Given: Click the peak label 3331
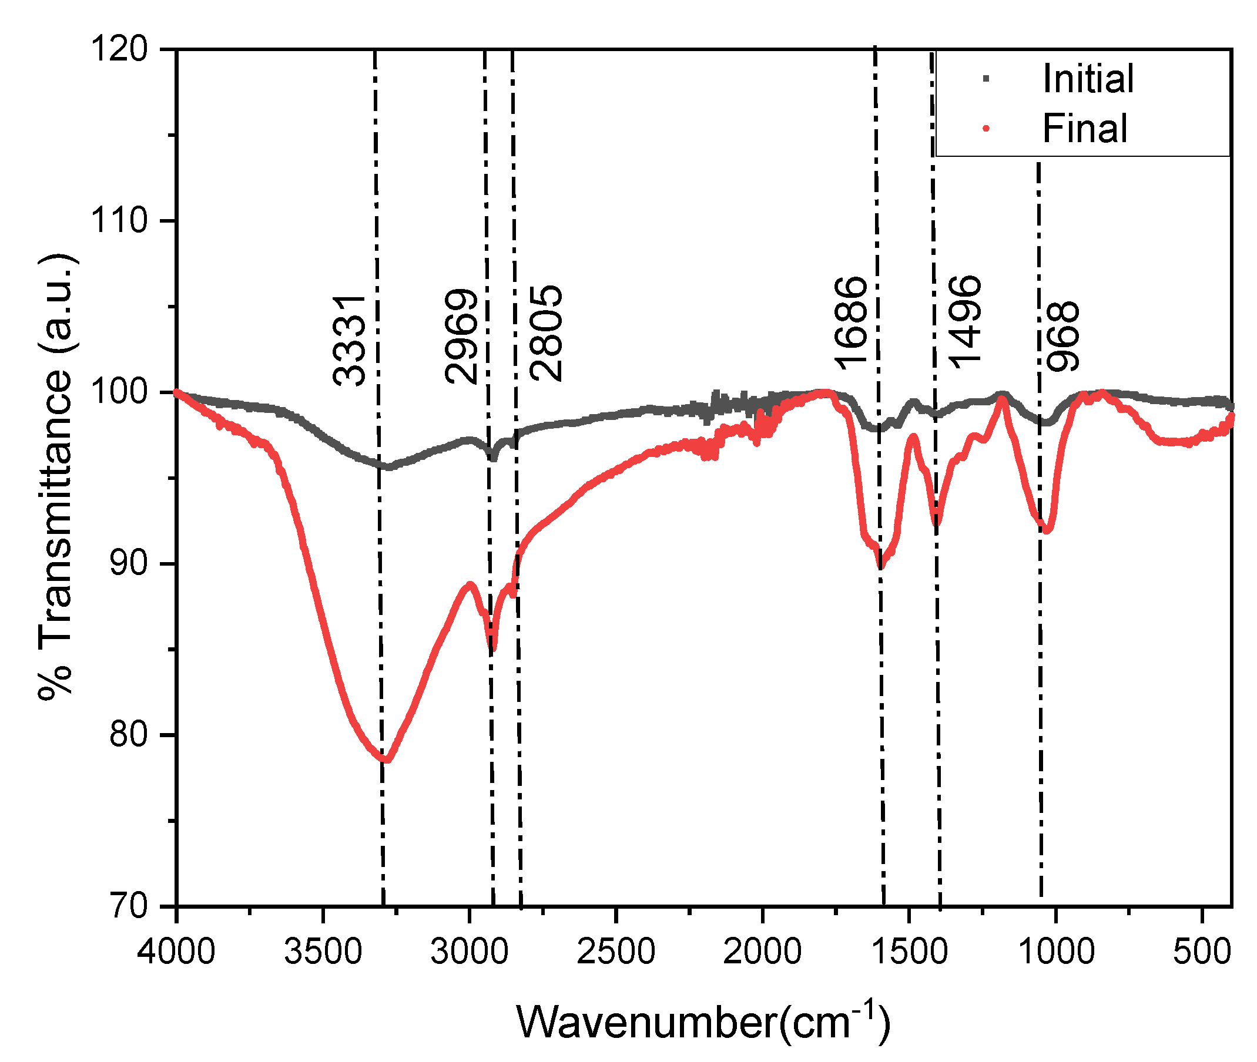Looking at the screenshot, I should click(x=348, y=341).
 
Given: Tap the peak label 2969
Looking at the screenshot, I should click(x=461, y=337).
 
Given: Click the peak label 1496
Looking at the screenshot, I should click(x=965, y=322).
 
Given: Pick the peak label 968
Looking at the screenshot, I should click(x=1063, y=337).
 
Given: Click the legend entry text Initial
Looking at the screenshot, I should click(x=1087, y=79).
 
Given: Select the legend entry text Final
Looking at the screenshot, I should click(x=1084, y=128).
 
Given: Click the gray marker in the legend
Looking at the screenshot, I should click(x=986, y=79).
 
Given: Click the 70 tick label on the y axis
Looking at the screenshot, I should click(x=128, y=906).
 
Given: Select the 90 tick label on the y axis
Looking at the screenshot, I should click(x=128, y=563).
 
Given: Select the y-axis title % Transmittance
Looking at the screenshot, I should click(x=55, y=476).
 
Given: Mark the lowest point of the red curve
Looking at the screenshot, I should click(x=386, y=759).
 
